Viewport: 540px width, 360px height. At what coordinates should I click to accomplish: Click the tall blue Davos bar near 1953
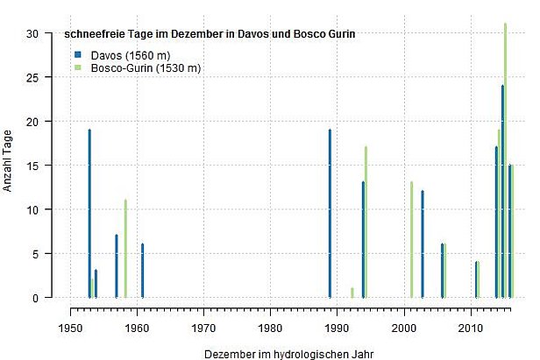89,214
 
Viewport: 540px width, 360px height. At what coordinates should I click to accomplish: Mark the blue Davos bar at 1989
330,214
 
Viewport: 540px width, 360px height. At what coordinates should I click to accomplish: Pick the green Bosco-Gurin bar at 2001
411,240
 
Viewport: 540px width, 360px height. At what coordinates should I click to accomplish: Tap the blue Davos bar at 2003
423,244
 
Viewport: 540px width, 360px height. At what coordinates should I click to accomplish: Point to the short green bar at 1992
352,293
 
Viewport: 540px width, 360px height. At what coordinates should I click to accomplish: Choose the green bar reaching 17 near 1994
366,222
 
